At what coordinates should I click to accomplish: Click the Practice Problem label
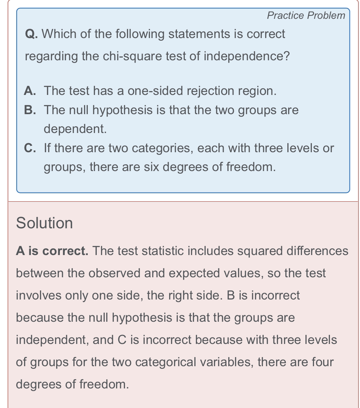[x=306, y=15]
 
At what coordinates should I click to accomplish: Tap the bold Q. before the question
[x=31, y=34]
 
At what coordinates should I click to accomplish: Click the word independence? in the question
[x=247, y=57]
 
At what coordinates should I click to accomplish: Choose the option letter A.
[x=30, y=91]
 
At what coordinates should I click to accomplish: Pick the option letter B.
[x=30, y=110]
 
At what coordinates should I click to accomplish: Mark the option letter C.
[x=30, y=148]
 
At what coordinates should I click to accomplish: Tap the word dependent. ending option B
[x=75, y=129]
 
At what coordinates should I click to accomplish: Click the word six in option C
[x=153, y=167]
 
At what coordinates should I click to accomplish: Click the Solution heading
[x=44, y=223]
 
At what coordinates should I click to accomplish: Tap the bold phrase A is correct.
[x=52, y=251]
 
